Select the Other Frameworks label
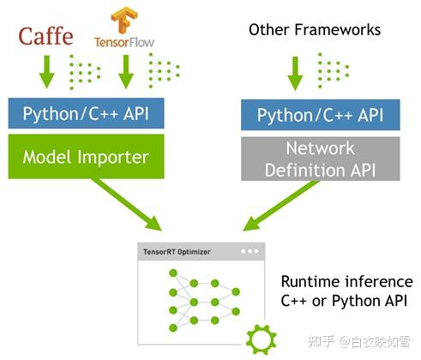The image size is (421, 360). coord(314,31)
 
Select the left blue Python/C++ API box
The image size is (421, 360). coord(85,113)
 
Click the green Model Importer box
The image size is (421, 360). coord(85,157)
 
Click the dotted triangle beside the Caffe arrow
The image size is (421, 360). coord(80,70)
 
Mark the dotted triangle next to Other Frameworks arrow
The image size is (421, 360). coord(329,70)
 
